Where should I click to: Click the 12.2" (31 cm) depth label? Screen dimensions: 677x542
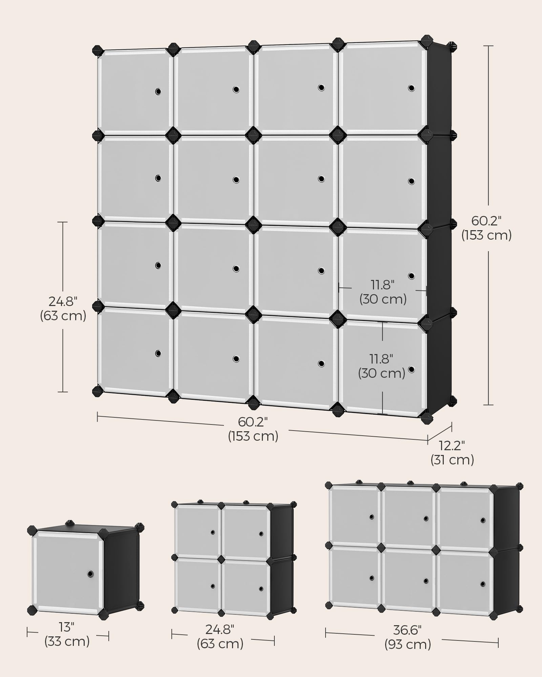(452, 453)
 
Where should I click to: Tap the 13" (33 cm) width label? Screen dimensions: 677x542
(67, 634)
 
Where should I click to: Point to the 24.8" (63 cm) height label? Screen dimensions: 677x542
(63, 308)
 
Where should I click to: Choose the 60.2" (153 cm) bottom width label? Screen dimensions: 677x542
(253, 429)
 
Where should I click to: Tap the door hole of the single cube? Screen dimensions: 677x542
(90, 574)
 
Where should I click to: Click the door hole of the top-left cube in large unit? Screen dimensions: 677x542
(158, 91)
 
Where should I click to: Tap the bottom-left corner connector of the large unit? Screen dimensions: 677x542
(98, 391)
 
